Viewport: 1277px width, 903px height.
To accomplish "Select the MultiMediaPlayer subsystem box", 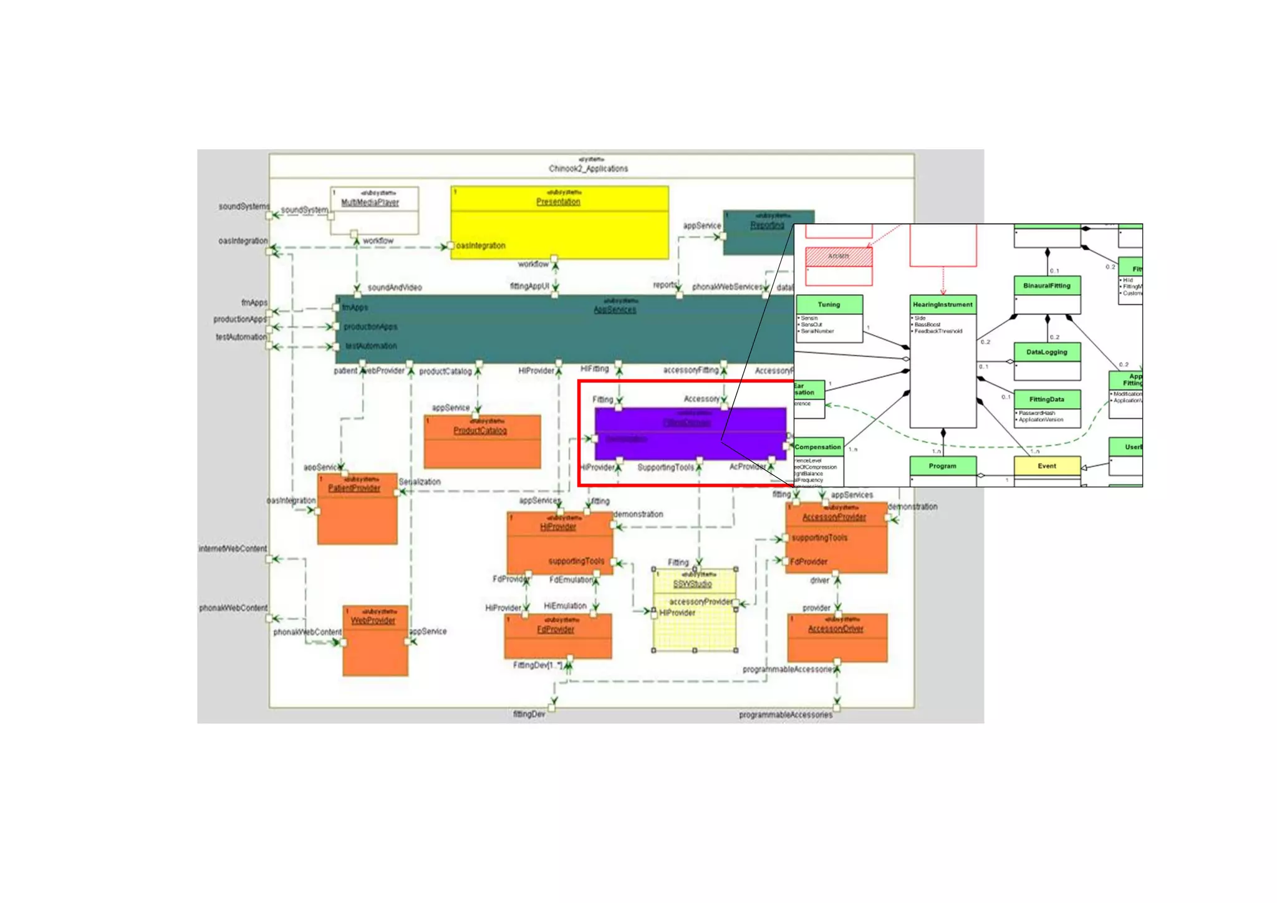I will point(374,210).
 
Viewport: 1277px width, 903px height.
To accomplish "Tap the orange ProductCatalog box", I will point(482,441).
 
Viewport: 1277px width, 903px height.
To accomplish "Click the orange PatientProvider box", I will point(357,509).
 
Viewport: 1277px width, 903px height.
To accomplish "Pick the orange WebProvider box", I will point(375,640).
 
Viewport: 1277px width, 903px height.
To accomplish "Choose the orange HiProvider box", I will point(559,542).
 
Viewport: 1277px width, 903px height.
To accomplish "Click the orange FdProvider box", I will point(557,636).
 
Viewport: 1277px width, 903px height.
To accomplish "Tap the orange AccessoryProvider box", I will point(836,537).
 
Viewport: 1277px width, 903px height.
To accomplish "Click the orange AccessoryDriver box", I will point(837,637).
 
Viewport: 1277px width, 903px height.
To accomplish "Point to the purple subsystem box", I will point(690,434).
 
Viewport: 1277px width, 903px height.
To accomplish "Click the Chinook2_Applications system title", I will point(589,168).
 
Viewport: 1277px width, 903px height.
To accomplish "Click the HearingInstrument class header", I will point(942,305).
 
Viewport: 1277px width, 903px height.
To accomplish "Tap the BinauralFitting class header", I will point(1046,286).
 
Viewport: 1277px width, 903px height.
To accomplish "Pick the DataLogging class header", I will point(1046,352).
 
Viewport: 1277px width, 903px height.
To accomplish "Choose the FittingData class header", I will point(1046,399).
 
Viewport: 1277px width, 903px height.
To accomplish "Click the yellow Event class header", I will point(1046,466).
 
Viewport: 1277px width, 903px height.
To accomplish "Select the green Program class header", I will point(942,466).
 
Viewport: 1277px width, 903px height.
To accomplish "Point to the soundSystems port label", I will point(244,207).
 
